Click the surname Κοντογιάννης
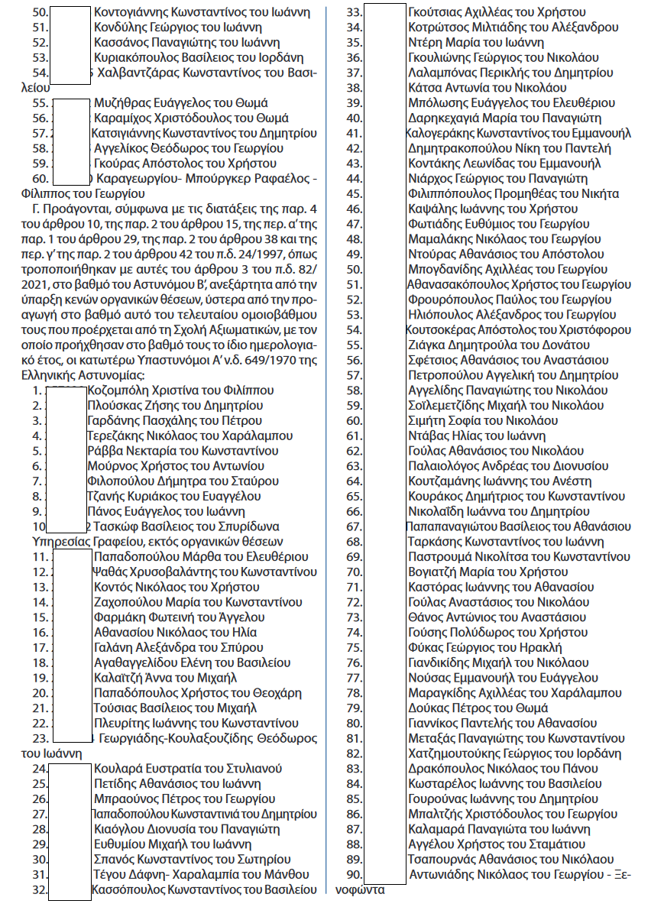click(x=132, y=12)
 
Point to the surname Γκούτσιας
click(x=435, y=12)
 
